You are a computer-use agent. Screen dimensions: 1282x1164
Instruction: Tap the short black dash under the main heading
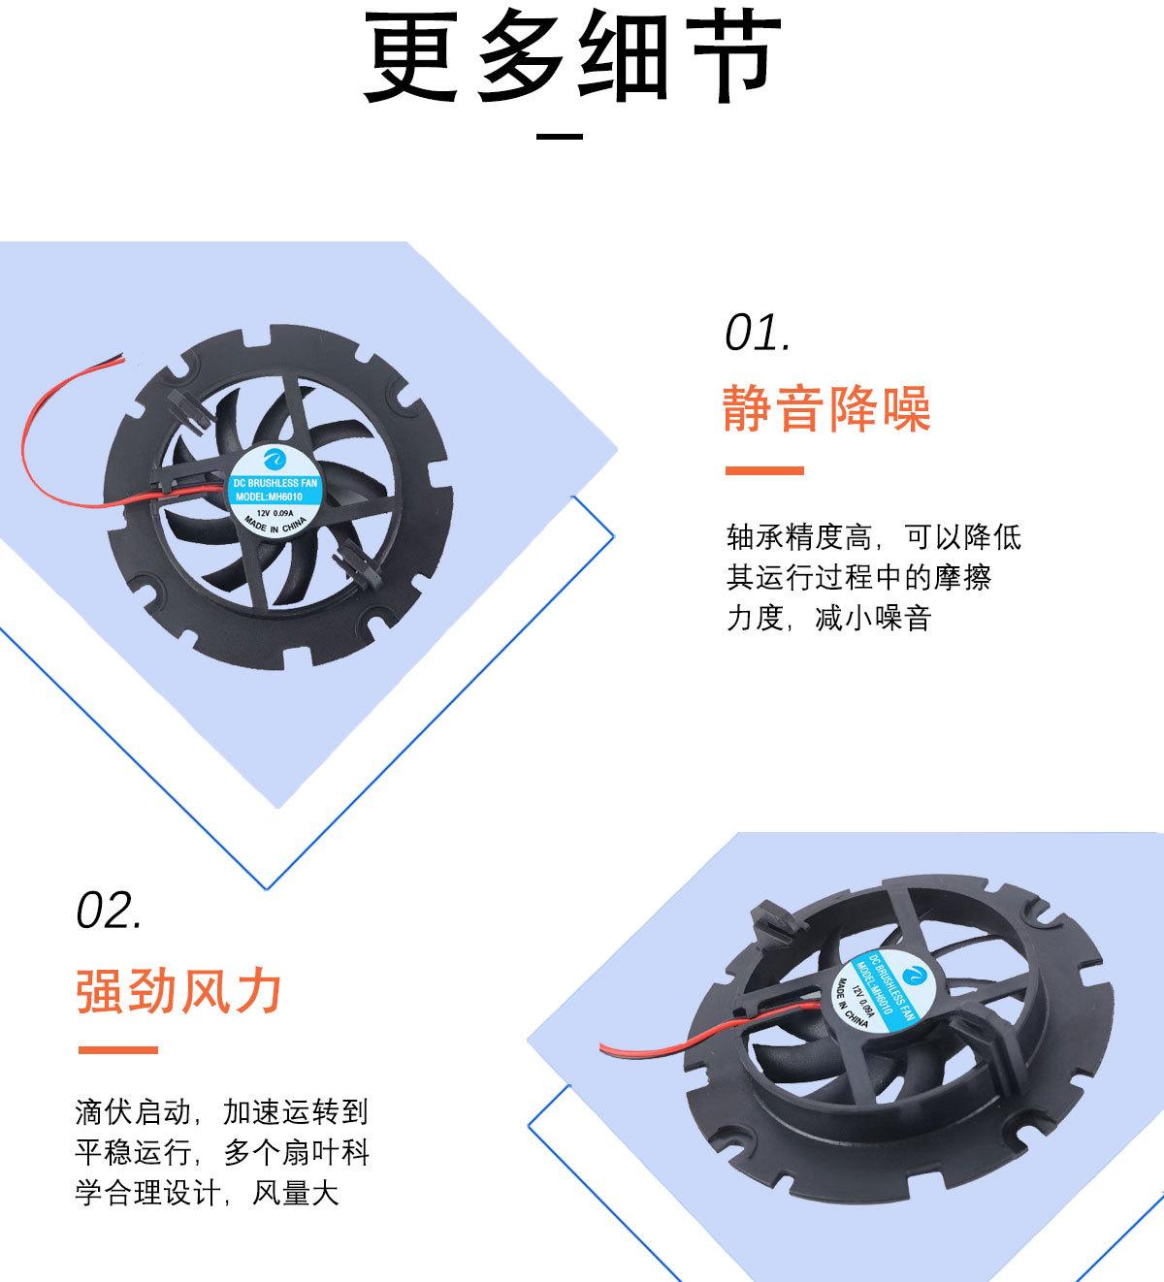click(x=560, y=136)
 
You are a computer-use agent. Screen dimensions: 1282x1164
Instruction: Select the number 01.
click(x=758, y=333)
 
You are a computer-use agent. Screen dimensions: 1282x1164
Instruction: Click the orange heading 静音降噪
click(x=826, y=407)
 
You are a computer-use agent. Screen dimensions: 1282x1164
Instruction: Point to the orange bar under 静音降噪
click(x=764, y=471)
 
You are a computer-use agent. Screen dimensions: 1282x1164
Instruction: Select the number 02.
click(x=109, y=911)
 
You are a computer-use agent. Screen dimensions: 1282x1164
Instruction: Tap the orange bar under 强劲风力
click(x=116, y=1050)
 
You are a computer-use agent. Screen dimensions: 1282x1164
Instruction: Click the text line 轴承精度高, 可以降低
click(x=873, y=536)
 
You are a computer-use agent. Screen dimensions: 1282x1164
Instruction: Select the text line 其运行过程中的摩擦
click(x=858, y=578)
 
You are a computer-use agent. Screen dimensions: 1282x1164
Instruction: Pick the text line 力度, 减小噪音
click(x=829, y=619)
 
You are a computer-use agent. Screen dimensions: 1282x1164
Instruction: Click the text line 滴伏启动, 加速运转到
click(x=221, y=1111)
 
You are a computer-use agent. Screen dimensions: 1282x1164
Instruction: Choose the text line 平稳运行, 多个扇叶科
click(x=221, y=1153)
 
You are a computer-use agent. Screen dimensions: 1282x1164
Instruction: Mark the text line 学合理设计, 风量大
click(x=207, y=1194)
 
